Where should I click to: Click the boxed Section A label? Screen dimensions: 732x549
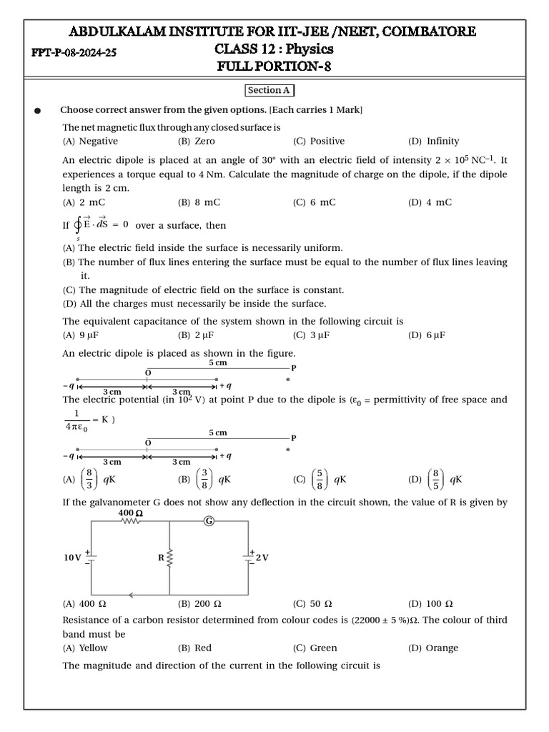pyautogui.click(x=269, y=90)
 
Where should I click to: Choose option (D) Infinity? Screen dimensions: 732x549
pyautogui.click(x=434, y=142)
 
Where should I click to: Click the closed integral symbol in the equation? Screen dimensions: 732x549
pyautogui.click(x=78, y=226)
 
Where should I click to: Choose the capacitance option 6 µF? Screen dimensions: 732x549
pyautogui.click(x=427, y=335)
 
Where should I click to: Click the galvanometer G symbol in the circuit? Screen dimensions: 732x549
pyautogui.click(x=209, y=521)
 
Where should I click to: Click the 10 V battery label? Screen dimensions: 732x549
pyautogui.click(x=72, y=558)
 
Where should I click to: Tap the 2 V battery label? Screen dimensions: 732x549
pyautogui.click(x=262, y=558)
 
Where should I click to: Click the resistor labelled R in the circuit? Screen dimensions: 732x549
pyautogui.click(x=169, y=558)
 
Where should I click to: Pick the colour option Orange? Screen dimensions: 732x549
pyautogui.click(x=433, y=648)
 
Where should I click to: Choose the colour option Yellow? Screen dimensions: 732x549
pyautogui.click(x=85, y=648)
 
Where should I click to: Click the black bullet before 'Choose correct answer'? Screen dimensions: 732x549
pyautogui.click(x=37, y=111)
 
